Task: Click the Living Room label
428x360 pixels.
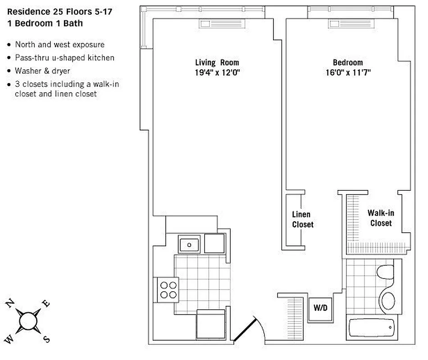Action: click(x=217, y=63)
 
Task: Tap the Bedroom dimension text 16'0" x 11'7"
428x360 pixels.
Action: click(x=347, y=72)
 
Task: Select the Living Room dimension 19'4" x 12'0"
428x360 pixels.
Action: click(x=217, y=72)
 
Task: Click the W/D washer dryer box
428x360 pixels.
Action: click(x=320, y=309)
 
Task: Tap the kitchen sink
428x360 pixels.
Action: click(x=189, y=245)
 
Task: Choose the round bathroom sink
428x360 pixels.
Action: click(x=387, y=299)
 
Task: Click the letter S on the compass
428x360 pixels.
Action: click(x=46, y=339)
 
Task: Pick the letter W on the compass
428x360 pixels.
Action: click(x=10, y=338)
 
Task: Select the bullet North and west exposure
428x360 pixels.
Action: click(x=59, y=45)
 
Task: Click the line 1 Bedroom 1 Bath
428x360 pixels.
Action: click(x=45, y=23)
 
